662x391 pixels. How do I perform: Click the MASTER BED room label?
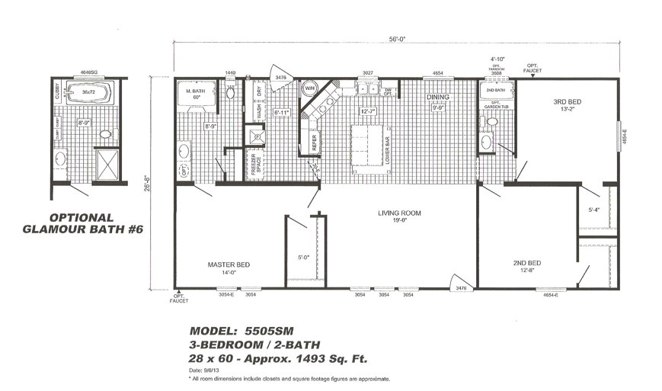pyautogui.click(x=229, y=264)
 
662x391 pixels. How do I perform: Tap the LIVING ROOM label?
pyautogui.click(x=399, y=213)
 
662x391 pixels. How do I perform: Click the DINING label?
pyautogui.click(x=437, y=98)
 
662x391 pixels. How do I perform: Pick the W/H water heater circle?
pyautogui.click(x=309, y=89)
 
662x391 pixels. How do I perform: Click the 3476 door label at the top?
pyautogui.click(x=280, y=78)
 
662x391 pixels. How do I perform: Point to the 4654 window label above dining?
pyautogui.click(x=437, y=73)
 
